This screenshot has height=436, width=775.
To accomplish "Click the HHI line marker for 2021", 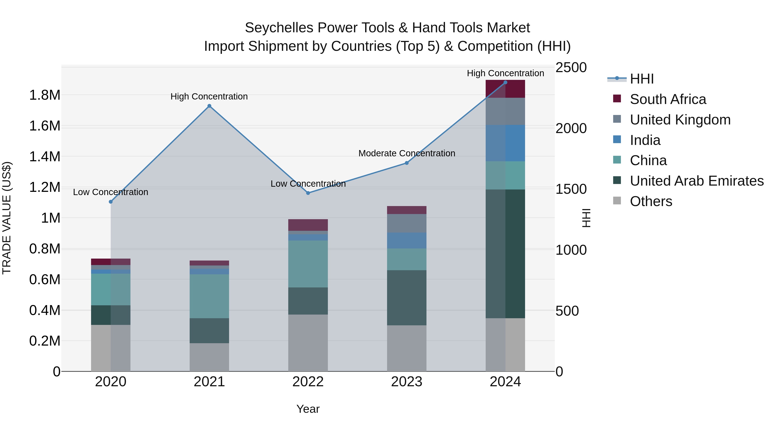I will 209,106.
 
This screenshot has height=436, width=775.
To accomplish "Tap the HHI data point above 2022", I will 308,193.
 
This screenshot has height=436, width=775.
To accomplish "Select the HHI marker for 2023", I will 407,163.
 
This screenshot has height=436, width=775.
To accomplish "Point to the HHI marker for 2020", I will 111,202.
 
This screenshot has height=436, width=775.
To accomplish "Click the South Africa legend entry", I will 668,99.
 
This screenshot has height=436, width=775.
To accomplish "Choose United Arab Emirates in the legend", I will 696,181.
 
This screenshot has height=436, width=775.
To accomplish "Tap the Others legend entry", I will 651,201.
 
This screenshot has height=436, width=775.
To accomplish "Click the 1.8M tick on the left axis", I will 45,95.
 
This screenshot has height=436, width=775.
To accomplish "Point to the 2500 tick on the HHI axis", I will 571,67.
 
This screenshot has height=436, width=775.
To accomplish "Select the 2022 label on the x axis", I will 308,382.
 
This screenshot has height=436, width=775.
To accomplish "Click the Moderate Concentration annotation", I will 407,153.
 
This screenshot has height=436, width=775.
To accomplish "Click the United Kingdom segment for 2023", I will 406,223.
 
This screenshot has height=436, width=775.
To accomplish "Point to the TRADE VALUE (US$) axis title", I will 7,218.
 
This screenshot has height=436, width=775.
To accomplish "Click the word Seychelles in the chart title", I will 279,28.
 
